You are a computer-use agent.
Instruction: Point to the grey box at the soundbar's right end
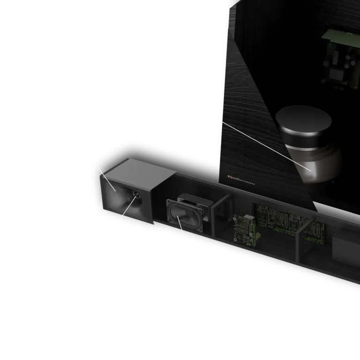click(346, 246)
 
